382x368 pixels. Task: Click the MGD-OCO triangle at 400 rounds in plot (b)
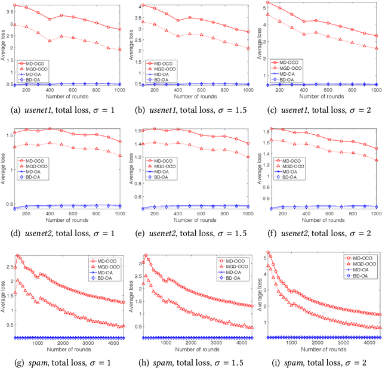tap(178, 36)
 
